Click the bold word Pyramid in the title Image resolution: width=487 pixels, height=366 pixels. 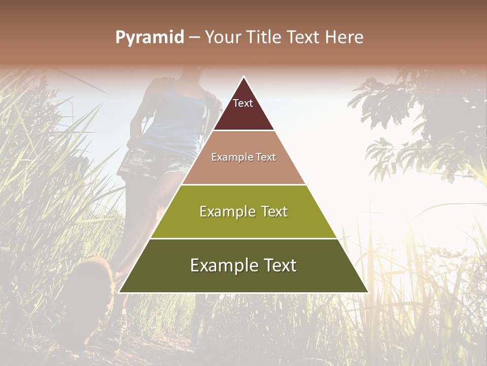[x=149, y=38]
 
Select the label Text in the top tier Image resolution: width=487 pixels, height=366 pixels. [x=243, y=103]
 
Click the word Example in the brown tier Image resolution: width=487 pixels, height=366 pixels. [x=228, y=157]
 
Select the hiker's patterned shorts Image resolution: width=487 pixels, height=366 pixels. [x=152, y=163]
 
